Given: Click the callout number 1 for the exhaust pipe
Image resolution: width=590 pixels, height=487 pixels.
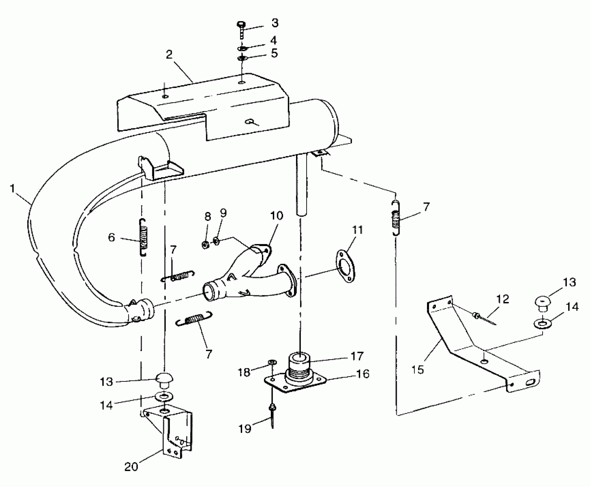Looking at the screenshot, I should (12, 188).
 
